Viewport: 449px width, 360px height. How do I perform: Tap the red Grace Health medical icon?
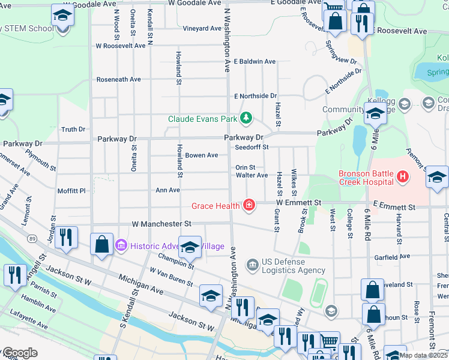pos(249,206)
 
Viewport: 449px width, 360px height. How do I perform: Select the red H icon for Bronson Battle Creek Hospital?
pos(402,178)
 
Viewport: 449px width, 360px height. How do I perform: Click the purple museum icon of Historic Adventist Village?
pos(121,246)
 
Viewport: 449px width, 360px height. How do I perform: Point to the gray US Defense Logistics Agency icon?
pos(253,263)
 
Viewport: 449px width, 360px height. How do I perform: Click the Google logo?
pos(20,353)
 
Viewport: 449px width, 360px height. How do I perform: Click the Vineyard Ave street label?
pos(202,28)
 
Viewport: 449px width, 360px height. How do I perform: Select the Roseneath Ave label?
pos(119,79)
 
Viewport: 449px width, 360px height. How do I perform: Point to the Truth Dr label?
pos(74,129)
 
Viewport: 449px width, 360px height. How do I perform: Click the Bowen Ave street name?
pos(201,155)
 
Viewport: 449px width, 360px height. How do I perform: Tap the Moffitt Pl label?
pos(71,191)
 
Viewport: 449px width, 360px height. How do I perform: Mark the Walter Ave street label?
pos(252,175)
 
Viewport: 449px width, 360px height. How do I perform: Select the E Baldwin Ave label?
pos(255,61)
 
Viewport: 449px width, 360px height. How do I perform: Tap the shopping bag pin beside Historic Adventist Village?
pos(101,244)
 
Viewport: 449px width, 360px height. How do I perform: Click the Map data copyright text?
pos(424,355)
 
